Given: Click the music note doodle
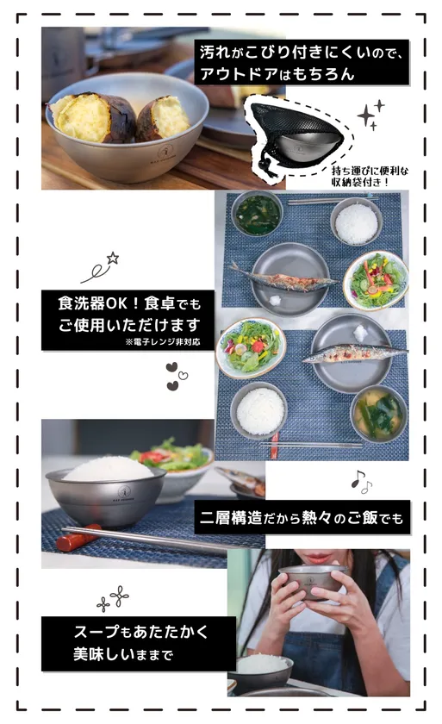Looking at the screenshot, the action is (361, 483).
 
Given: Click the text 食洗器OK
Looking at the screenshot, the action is (92, 303).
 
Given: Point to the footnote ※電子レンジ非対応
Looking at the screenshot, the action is (162, 342).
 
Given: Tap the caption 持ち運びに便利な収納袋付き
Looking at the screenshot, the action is (370, 177).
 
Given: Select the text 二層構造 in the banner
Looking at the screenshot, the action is (231, 518).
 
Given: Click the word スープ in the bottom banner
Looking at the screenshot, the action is (96, 631).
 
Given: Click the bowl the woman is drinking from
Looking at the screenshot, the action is (313, 582).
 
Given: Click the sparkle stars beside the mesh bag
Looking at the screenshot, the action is (370, 115).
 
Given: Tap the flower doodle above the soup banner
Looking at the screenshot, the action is (113, 598).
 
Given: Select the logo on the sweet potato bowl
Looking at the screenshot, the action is (165, 153).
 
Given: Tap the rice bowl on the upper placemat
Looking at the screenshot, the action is (356, 222).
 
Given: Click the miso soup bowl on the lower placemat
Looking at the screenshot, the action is (379, 415).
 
